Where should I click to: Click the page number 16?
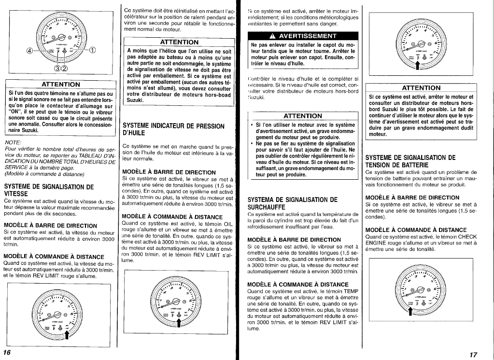pyautogui.click(x=7, y=351)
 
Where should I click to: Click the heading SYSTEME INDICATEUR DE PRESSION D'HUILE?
pyautogui.click(x=173, y=129)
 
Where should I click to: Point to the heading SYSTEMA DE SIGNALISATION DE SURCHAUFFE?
pyautogui.click(x=292, y=203)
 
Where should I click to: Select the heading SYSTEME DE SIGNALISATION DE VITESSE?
pyautogui.click(x=49, y=190)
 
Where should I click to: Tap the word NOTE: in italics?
pyautogui.click(x=12, y=143)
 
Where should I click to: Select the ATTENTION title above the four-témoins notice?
pyautogui.click(x=61, y=85)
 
